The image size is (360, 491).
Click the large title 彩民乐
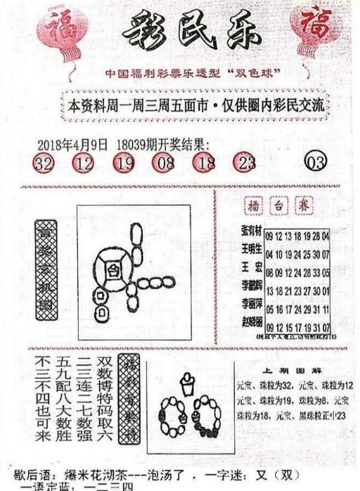coord(184,32)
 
